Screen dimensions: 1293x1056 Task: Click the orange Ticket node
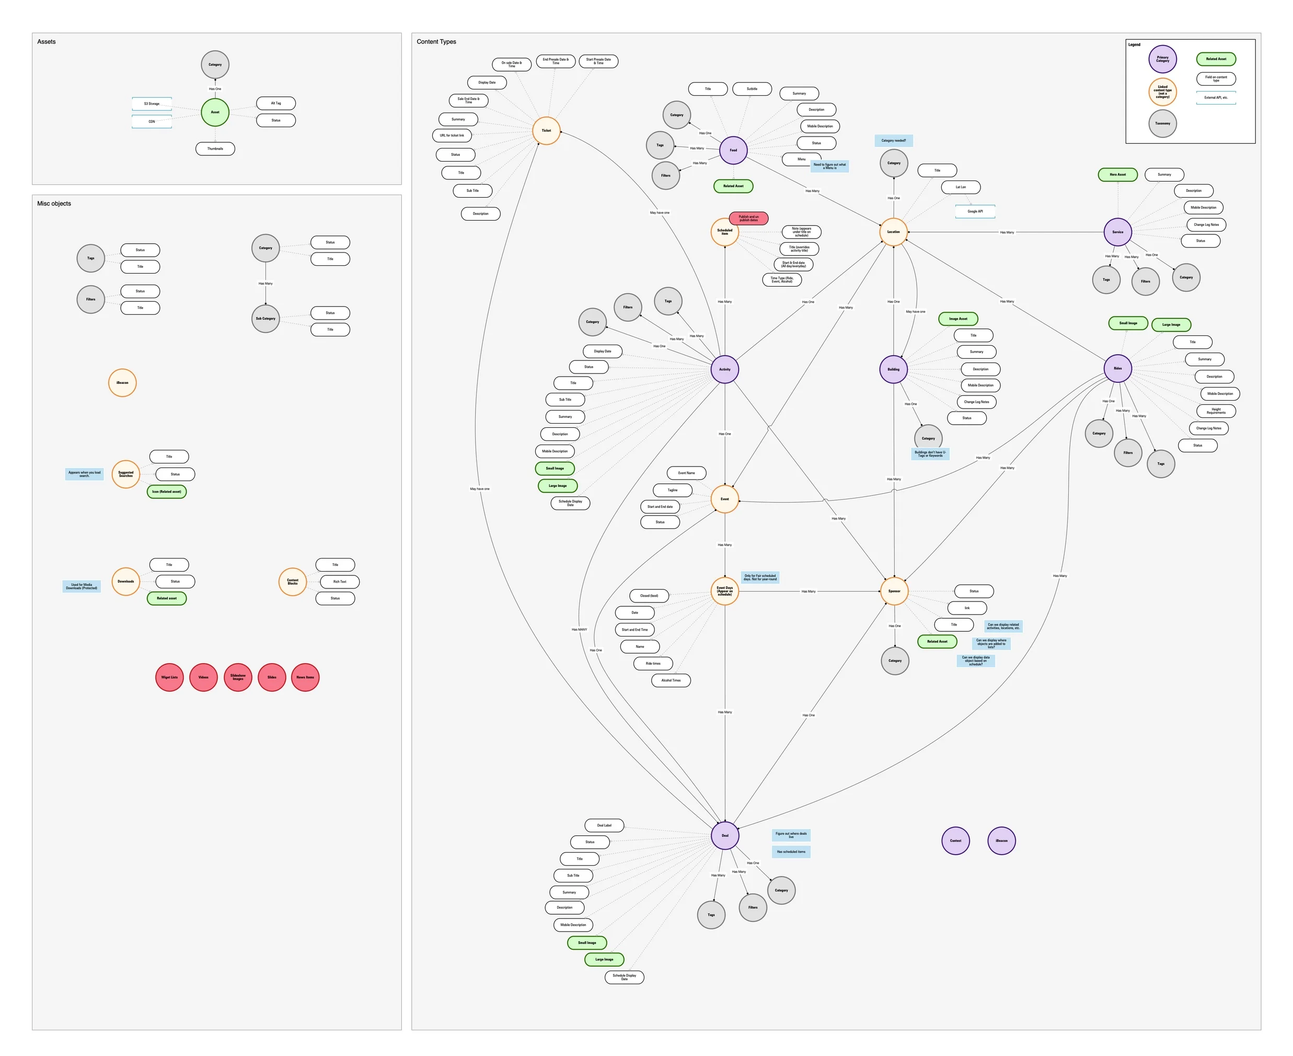tap(546, 131)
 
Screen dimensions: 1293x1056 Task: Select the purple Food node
tap(733, 150)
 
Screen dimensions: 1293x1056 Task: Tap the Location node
tap(893, 232)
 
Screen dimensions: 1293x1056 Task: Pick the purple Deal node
tap(724, 835)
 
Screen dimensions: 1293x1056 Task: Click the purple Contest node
tap(955, 841)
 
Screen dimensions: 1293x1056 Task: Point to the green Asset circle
tap(215, 112)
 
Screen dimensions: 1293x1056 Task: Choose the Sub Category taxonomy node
tap(265, 319)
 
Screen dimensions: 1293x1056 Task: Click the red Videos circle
tap(204, 677)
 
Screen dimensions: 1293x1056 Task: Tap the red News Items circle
tap(305, 677)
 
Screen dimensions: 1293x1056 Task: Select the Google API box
tap(975, 212)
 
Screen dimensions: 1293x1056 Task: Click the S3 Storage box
tap(152, 104)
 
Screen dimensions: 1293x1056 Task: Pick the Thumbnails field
tap(215, 149)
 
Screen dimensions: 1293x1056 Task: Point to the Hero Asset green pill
tap(1117, 175)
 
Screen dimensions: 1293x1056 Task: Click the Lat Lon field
tap(961, 187)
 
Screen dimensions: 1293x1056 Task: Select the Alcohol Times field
tap(671, 680)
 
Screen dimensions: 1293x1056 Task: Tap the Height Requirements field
tap(1216, 411)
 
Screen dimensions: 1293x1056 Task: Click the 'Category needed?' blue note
tap(894, 141)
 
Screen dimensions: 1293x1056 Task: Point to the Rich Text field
tap(339, 582)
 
